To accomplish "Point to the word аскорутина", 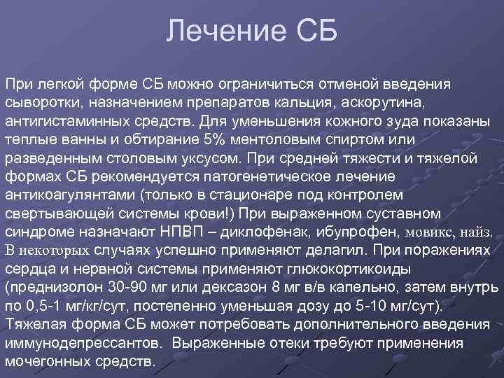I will (x=386, y=103).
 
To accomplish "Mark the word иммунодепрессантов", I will (x=87, y=344).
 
